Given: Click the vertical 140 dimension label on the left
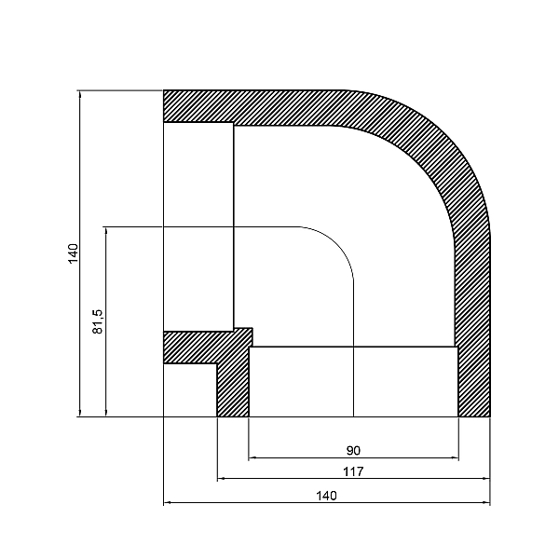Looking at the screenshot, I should (73, 252).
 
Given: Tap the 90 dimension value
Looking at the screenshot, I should (354, 449).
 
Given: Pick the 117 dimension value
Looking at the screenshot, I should (354, 471).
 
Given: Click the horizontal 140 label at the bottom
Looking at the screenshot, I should (325, 495).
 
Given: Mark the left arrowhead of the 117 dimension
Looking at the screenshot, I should (222, 479).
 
